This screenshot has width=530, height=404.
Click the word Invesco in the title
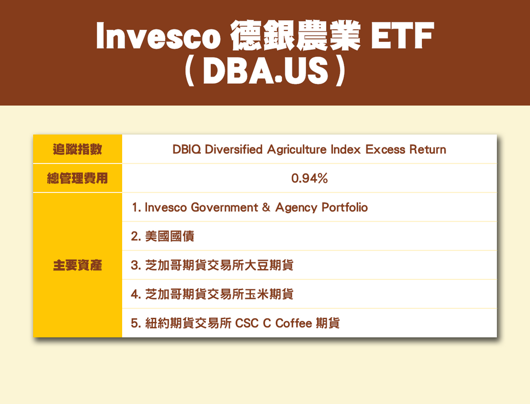(158, 36)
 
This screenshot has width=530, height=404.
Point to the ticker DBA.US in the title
(266, 71)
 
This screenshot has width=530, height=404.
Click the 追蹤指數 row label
(78, 149)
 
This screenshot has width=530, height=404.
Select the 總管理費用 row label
(78, 178)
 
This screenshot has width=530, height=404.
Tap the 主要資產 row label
(78, 265)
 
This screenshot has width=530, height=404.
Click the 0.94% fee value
(310, 178)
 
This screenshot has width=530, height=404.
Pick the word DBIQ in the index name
(186, 149)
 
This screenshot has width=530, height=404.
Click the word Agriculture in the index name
(297, 149)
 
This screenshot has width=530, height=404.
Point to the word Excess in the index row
(385, 149)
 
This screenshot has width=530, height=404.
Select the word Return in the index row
(428, 149)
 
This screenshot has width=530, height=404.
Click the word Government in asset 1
(225, 207)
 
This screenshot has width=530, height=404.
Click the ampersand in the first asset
(267, 207)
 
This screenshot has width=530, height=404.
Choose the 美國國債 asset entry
(170, 236)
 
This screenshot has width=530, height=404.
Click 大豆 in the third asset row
(256, 265)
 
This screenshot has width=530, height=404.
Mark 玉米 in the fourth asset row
(256, 294)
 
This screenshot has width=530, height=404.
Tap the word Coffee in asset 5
(294, 323)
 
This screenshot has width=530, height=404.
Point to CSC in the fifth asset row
(247, 323)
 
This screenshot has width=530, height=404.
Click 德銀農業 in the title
(296, 36)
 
